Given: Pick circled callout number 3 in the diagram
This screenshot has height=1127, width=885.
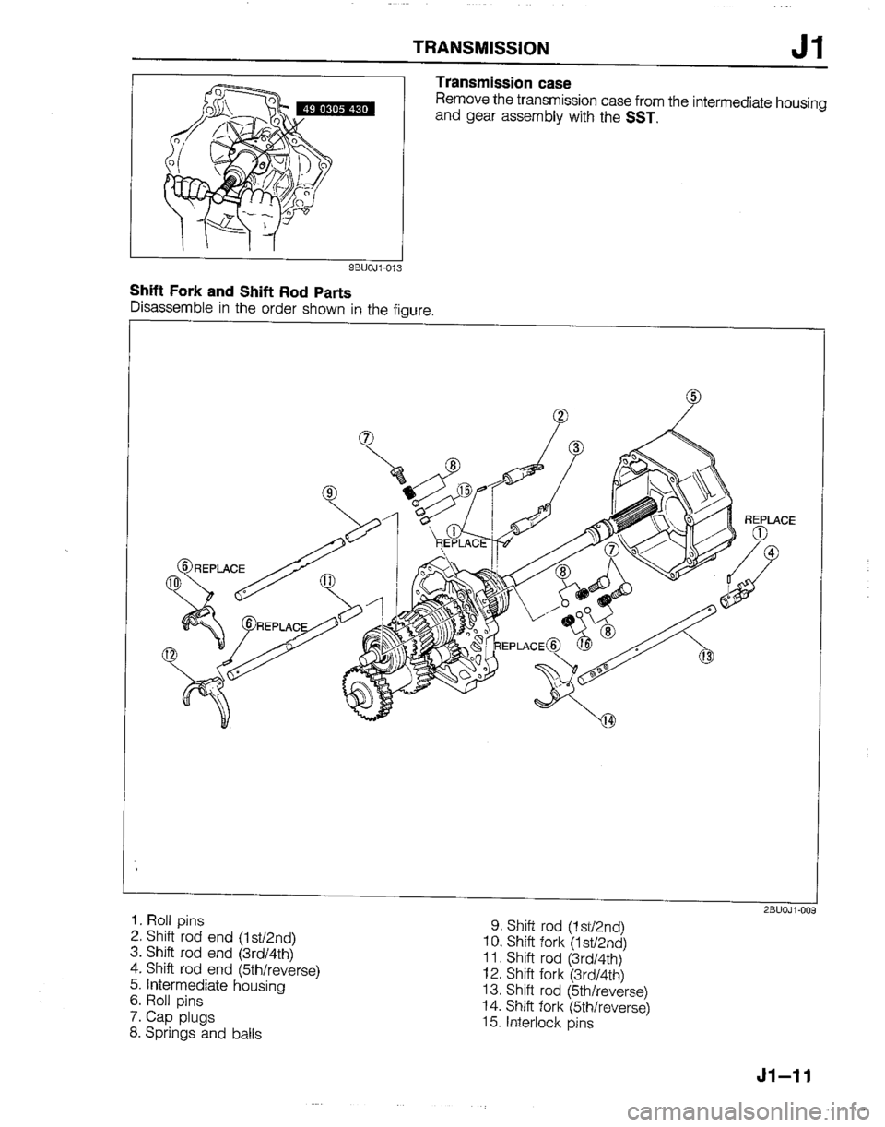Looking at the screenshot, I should tap(577, 448).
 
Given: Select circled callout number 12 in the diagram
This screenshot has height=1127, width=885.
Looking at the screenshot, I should tap(169, 655).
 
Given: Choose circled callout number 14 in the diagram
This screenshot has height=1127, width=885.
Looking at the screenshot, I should tap(608, 719).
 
